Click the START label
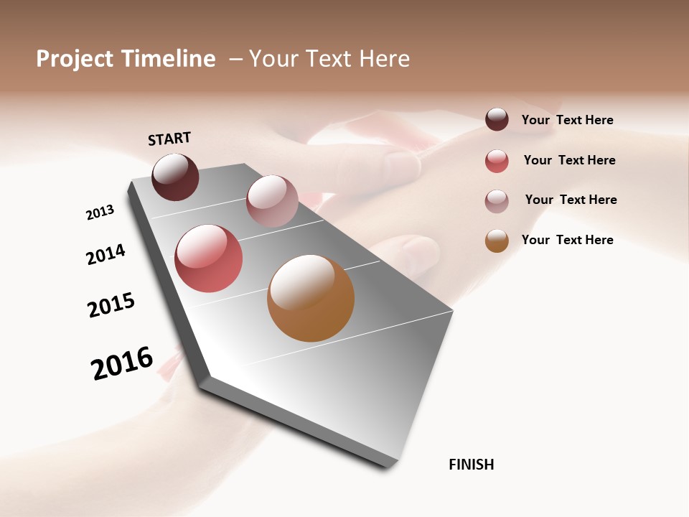coord(169,139)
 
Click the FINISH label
coord(471,465)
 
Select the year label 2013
coord(100,213)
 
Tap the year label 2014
coord(106,254)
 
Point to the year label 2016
coord(122,363)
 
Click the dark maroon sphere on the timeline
coord(175,177)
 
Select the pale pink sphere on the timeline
coord(272,201)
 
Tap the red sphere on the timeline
coord(208,258)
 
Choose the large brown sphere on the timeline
coord(311,298)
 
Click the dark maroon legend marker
coord(497,120)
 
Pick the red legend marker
coord(497,161)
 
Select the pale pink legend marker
coord(497,201)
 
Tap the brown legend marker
coord(497,241)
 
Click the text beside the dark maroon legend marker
coord(567,121)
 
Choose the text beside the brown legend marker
coord(567,240)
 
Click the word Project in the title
coord(75,59)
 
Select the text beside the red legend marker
coord(569,160)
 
